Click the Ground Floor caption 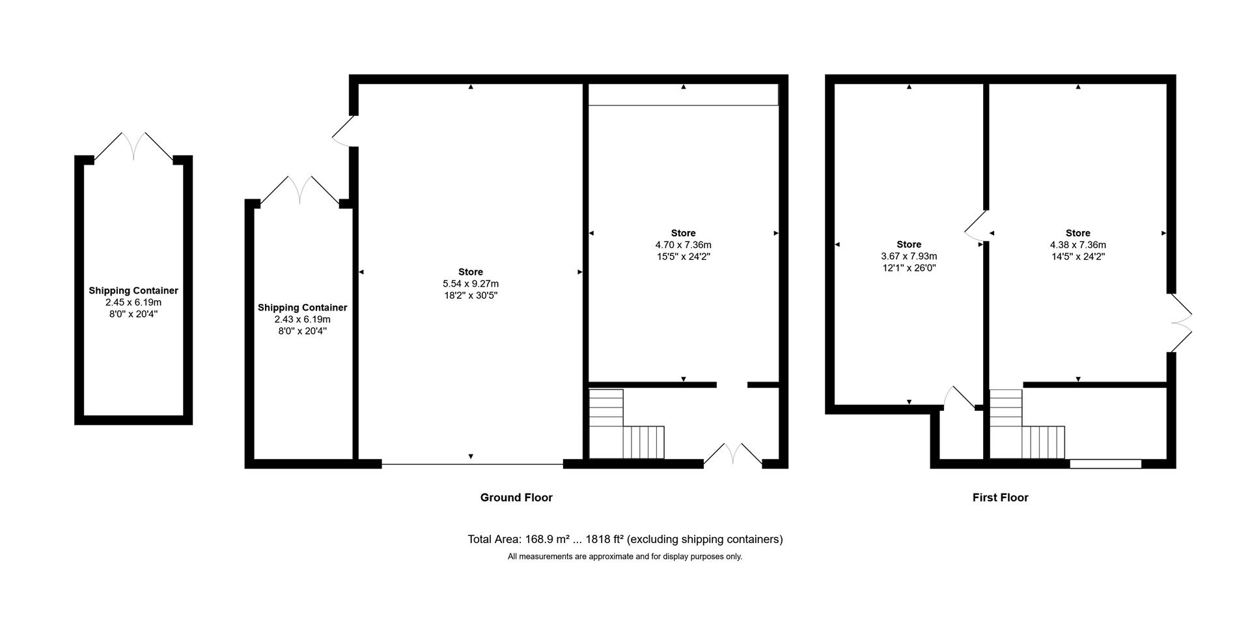point(516,497)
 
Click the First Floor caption point(1000,497)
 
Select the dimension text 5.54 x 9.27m point(470,284)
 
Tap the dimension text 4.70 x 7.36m point(683,245)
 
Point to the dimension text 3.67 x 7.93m point(909,257)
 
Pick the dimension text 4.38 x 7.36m point(1077,245)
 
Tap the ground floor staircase point(625,426)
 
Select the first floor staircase point(1025,426)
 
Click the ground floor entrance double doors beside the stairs point(732,454)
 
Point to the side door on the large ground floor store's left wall point(344,132)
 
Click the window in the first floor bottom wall point(1105,464)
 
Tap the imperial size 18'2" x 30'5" point(470,296)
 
